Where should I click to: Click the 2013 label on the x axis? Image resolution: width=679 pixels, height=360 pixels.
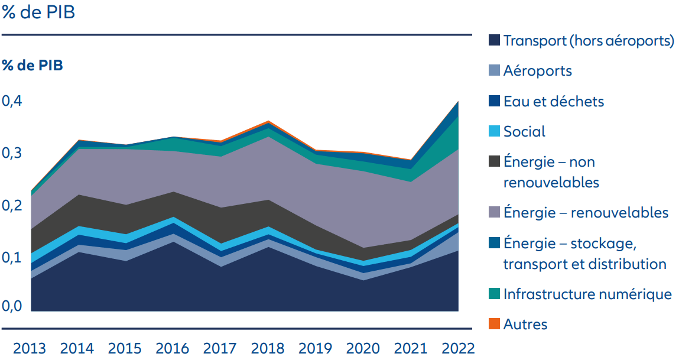pos(30,348)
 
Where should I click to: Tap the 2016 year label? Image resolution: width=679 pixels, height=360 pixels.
pos(172,348)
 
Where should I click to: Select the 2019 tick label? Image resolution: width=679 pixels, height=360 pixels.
pos(316,348)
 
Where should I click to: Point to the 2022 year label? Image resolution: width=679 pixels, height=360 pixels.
pos(458,348)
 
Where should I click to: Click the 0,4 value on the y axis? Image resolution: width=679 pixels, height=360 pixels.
pos(12,101)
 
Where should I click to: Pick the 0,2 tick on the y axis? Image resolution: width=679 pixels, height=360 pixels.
pos(12,205)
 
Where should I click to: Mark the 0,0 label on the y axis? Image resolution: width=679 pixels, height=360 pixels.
pos(12,306)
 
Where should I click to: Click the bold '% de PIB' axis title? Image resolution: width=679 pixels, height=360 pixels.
pos(32,65)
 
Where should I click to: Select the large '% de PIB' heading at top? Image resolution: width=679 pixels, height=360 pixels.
pos(38,12)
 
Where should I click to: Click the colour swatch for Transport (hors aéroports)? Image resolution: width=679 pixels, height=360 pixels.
pos(495,40)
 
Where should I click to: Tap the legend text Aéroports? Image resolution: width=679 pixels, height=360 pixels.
pos(537,71)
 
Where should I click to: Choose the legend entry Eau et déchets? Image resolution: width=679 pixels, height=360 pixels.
pos(553,101)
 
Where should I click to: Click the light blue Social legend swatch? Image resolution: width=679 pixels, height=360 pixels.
pos(495,131)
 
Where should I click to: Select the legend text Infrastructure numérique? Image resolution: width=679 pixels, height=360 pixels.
pos(587,294)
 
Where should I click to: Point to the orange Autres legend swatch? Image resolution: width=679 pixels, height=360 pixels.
pos(495,324)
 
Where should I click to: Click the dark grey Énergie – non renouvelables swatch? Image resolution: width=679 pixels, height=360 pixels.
pos(495,161)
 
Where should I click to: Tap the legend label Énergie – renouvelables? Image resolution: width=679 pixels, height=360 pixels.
pos(586,212)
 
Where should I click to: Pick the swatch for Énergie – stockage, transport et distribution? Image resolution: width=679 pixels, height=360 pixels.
pos(495,243)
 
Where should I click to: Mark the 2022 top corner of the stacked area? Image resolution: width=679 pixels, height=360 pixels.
pos(458,102)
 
